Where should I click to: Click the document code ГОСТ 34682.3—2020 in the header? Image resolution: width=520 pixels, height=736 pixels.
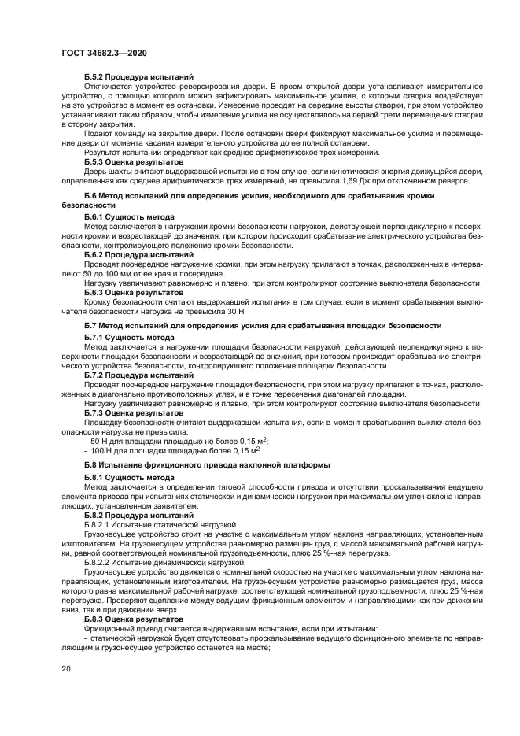pos(104,53)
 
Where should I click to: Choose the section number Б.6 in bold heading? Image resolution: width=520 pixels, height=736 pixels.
pos(92,194)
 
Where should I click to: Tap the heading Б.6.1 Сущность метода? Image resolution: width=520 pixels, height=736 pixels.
pos(129,216)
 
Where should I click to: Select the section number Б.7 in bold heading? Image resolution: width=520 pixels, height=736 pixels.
pos(92,326)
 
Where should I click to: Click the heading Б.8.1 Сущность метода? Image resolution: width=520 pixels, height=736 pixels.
pos(129,477)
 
